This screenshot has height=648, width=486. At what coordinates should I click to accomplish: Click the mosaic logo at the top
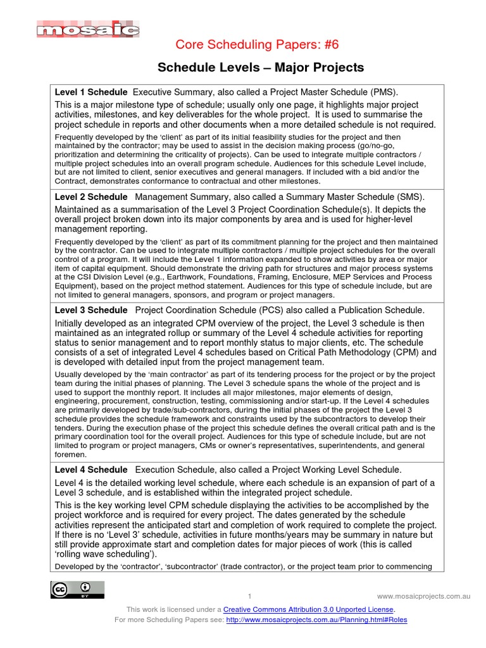[88, 29]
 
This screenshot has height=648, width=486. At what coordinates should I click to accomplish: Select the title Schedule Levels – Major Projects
[260, 67]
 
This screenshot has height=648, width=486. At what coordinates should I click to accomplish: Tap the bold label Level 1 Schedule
[91, 92]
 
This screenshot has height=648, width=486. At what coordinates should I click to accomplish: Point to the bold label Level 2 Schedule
[91, 197]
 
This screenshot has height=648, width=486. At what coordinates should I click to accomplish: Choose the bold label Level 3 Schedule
[91, 310]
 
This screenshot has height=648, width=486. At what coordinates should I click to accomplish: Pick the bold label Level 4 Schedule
[91, 470]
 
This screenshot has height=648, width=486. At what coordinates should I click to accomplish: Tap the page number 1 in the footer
[250, 597]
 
